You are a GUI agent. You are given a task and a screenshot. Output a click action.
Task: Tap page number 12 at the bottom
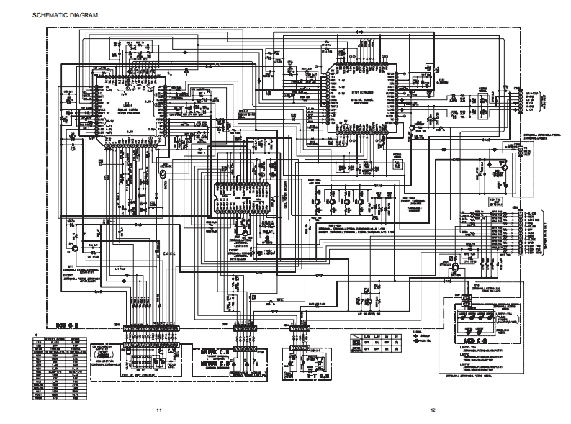click(x=433, y=410)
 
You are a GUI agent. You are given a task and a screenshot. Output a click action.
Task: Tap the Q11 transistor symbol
click(x=75, y=251)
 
